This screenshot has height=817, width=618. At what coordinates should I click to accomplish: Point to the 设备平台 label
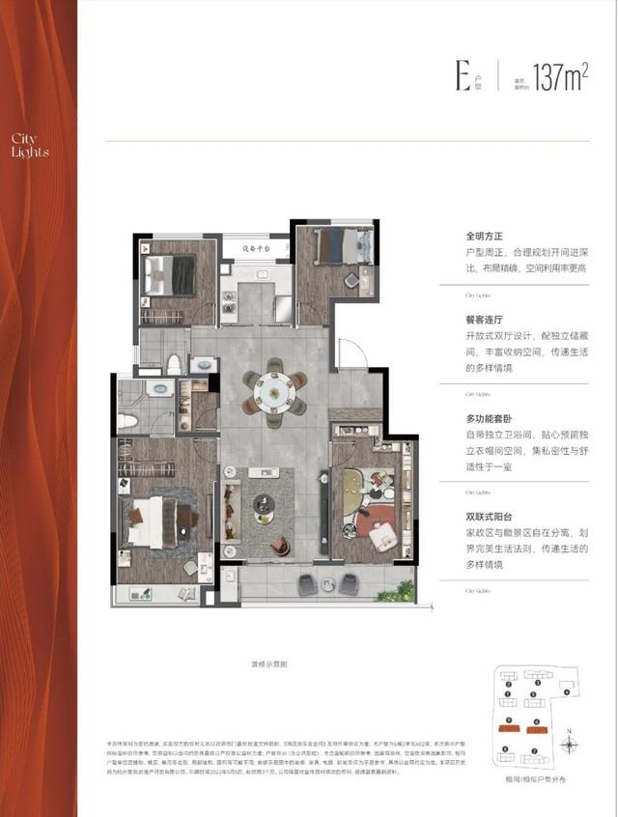[253, 248]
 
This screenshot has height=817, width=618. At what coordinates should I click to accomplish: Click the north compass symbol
[573, 744]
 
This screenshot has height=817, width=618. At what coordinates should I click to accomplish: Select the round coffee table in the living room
[264, 505]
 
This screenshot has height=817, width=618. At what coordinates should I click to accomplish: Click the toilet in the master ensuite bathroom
[128, 421]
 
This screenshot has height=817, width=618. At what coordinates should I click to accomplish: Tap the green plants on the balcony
[393, 588]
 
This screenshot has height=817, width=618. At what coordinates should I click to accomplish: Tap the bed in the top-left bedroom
[162, 274]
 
